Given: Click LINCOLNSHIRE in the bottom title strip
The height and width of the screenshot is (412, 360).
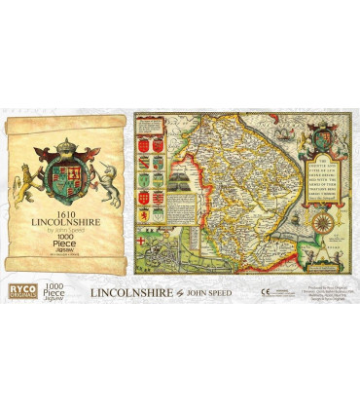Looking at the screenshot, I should (130, 291).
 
